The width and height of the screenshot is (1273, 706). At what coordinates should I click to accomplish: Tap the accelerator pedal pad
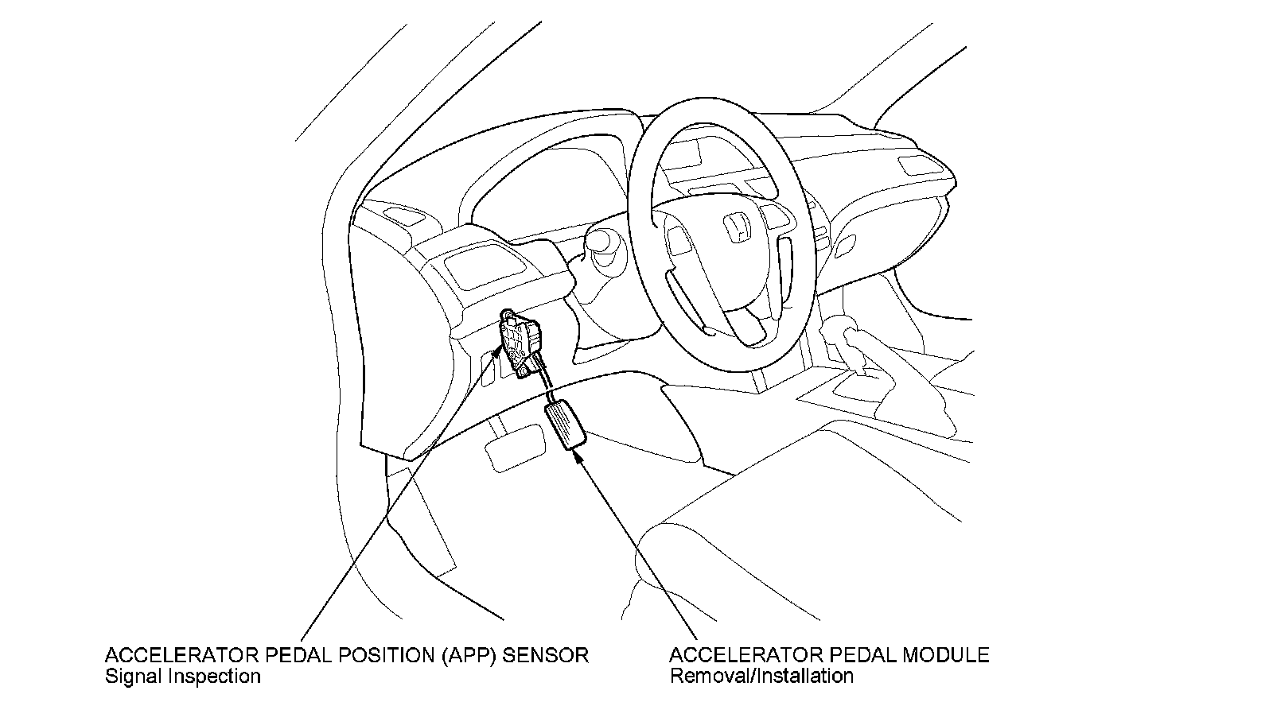pyautogui.click(x=565, y=426)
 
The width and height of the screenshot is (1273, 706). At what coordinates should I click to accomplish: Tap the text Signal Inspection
pyautogui.click(x=182, y=677)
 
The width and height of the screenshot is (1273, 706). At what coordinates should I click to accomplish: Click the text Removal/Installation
pyautogui.click(x=761, y=677)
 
